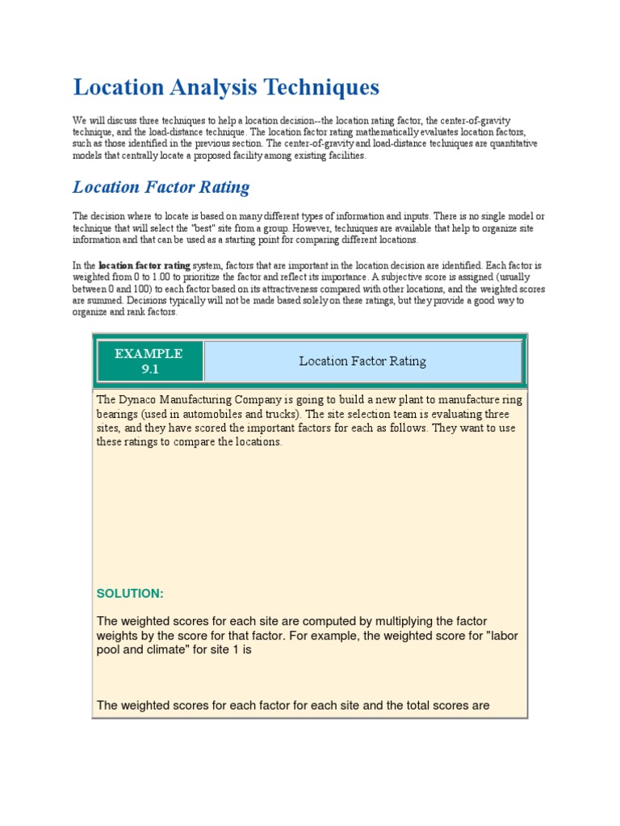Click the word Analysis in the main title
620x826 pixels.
212,87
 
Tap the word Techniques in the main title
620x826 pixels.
322,87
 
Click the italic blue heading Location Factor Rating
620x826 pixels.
161,187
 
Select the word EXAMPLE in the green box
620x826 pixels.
149,353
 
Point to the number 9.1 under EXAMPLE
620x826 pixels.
149,369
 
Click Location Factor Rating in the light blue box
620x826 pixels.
362,361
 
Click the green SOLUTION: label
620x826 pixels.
130,594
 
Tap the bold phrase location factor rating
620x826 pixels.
145,265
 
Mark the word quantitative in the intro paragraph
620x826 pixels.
498,144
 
